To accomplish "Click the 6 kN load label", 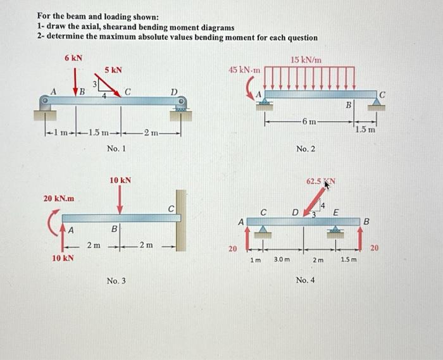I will coord(73,58).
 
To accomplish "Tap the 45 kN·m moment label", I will coord(241,70).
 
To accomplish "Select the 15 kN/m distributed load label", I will coord(306,59).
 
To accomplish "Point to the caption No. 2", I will coord(306,149).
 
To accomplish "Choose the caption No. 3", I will coord(116,280).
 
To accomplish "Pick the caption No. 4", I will coord(306,279).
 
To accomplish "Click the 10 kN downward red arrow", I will coord(120,202).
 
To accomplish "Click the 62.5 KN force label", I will coord(322,182).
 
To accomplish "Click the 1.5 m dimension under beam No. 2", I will coord(365,130).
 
